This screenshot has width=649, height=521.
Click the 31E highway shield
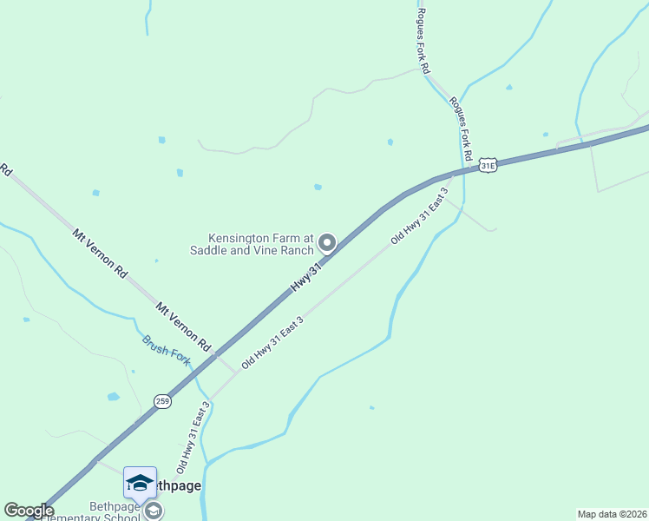point(489,165)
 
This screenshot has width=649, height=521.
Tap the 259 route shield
point(162,400)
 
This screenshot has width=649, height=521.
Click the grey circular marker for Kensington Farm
point(327,243)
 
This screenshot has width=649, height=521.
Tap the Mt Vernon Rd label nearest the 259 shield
point(184,326)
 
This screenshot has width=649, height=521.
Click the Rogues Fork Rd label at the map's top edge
point(423,40)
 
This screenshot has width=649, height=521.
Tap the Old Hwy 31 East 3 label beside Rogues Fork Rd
point(420,214)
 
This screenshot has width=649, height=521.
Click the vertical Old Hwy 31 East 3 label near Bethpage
point(193,437)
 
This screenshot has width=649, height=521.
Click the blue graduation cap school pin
point(140,483)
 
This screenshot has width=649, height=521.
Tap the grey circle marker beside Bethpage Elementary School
point(154,511)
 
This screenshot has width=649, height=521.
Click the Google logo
point(29,511)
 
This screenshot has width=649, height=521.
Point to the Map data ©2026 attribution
point(611,514)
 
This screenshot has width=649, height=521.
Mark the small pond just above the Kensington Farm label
point(318,187)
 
